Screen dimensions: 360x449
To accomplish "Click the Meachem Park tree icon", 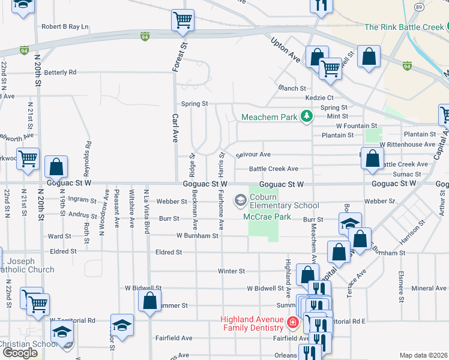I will (307, 116).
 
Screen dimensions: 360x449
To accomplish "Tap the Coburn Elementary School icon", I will (241, 199).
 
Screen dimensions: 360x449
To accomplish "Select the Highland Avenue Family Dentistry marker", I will (292, 323).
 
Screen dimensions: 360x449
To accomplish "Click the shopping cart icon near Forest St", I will (182, 20).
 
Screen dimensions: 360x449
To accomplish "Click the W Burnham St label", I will (197, 236).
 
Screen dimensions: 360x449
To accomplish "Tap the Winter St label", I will (231, 271).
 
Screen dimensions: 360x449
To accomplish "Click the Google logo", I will (20, 353).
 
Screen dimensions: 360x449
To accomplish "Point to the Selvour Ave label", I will (253, 155).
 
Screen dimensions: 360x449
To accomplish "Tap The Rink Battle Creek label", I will (403, 27).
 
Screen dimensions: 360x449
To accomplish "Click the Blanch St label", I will (292, 88).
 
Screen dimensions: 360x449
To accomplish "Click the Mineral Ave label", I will (429, 289).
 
